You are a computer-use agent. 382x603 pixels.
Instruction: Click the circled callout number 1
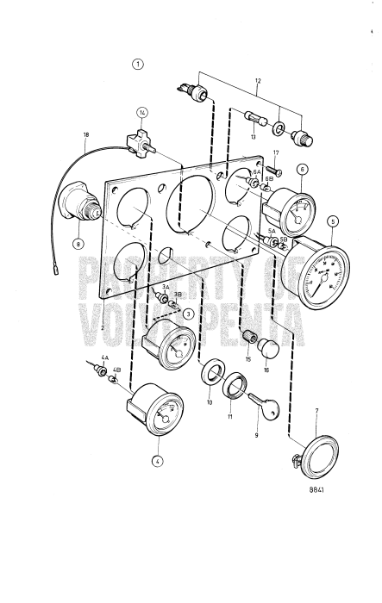click(x=138, y=64)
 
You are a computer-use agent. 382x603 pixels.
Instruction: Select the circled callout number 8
click(x=79, y=244)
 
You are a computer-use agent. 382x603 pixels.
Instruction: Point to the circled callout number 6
click(x=303, y=171)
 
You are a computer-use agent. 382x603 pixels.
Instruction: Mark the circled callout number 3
click(x=187, y=314)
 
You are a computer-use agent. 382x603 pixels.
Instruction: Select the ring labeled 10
click(x=210, y=376)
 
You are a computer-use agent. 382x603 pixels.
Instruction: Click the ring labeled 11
click(x=234, y=383)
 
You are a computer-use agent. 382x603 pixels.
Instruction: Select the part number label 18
click(x=85, y=135)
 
